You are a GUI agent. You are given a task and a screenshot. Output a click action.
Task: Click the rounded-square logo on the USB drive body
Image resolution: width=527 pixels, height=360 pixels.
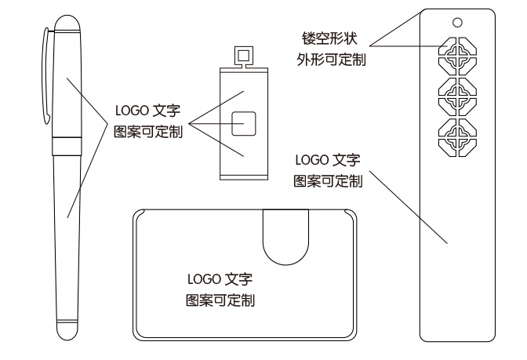243,123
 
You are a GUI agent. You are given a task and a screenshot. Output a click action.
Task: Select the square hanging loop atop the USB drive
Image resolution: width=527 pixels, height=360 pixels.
244,56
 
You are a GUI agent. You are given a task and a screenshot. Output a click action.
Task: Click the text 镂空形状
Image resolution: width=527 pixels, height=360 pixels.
331,39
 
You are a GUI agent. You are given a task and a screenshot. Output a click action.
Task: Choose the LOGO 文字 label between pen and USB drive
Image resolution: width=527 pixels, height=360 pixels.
147,111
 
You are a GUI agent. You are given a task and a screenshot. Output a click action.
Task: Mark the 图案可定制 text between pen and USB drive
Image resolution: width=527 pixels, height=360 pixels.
147,132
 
